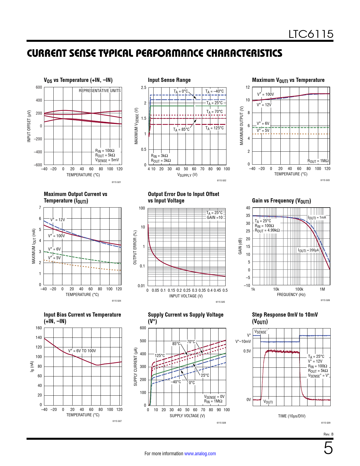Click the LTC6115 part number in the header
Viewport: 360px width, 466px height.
click(x=311, y=34)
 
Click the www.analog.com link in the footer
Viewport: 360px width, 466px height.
click(x=200, y=454)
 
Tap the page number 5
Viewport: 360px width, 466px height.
click(x=328, y=448)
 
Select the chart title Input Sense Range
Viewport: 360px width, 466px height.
click(x=169, y=80)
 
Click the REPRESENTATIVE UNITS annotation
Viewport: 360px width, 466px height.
click(x=100, y=91)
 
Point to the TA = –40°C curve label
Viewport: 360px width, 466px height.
click(x=214, y=91)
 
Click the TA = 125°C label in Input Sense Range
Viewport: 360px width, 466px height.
click(x=214, y=128)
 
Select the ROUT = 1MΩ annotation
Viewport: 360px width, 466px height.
click(x=318, y=161)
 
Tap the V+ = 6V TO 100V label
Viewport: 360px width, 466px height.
click(x=82, y=351)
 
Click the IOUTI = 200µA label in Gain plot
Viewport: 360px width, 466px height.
click(x=308, y=250)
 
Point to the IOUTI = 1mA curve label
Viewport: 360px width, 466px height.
click(x=317, y=217)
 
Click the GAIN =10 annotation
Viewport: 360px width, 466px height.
click(x=215, y=217)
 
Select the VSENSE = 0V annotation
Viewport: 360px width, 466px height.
click(x=214, y=397)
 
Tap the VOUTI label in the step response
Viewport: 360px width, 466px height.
click(x=268, y=402)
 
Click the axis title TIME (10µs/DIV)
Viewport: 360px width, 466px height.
click(x=292, y=416)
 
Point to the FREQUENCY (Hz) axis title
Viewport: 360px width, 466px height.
click(x=291, y=295)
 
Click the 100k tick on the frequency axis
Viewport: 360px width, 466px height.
click(x=299, y=289)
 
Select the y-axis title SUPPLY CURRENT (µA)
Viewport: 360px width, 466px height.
click(x=136, y=367)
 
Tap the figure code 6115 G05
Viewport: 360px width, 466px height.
click(x=220, y=302)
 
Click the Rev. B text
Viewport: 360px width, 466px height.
click(x=328, y=434)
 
